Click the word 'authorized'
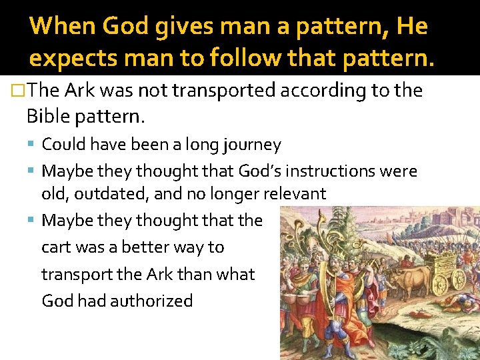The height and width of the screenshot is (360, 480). coord(151,301)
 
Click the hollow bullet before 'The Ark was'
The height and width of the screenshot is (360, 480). coord(20,91)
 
